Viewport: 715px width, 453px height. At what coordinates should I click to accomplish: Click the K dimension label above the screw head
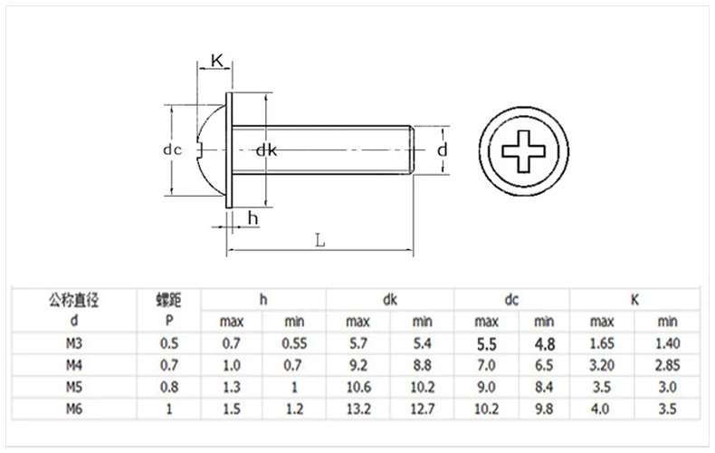pyautogui.click(x=217, y=61)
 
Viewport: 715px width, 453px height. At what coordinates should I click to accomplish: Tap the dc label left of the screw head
pyautogui.click(x=185, y=149)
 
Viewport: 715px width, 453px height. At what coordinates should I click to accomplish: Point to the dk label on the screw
pyautogui.click(x=265, y=149)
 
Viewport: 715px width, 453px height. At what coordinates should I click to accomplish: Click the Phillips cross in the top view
pyautogui.click(x=523, y=149)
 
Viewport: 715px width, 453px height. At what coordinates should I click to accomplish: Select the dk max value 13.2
pyautogui.click(x=357, y=409)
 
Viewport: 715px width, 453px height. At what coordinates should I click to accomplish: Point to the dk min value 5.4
pyautogui.click(x=422, y=343)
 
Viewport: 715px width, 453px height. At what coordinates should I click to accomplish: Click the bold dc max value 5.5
pyautogui.click(x=486, y=343)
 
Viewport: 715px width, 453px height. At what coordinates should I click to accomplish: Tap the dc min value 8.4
pyautogui.click(x=543, y=387)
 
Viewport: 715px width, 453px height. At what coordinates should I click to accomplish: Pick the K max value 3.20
pyautogui.click(x=602, y=365)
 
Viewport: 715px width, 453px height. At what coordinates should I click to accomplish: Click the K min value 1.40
pyautogui.click(x=667, y=343)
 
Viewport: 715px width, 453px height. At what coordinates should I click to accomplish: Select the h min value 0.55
pyautogui.click(x=294, y=343)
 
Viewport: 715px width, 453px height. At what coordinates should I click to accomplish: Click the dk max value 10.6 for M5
pyautogui.click(x=357, y=387)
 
